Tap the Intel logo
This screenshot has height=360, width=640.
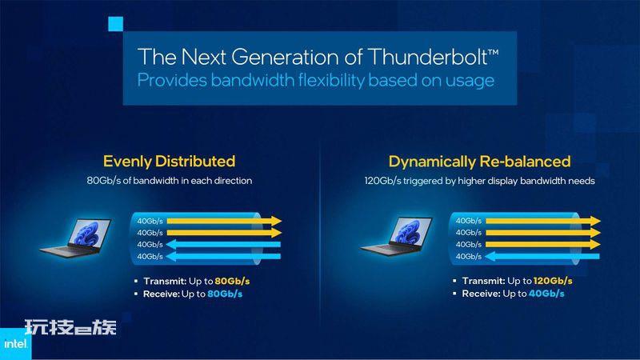[15, 344]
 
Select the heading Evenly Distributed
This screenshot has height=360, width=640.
[169, 162]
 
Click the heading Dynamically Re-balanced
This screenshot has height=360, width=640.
[479, 162]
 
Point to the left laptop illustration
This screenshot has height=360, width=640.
[76, 238]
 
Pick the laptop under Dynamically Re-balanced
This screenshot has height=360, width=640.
[396, 237]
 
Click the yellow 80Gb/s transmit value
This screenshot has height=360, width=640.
[232, 282]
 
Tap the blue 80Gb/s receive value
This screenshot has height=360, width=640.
[225, 294]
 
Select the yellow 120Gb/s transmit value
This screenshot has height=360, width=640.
[553, 281]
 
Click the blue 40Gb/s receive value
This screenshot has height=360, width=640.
[546, 294]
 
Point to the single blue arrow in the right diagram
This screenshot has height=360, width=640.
[542, 256]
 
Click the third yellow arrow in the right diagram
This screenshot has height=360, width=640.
[543, 245]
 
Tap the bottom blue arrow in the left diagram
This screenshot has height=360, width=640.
[223, 256]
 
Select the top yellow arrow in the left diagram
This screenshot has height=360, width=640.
[224, 221]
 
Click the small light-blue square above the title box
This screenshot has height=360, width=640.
[115, 24]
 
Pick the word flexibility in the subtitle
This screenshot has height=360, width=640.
[331, 80]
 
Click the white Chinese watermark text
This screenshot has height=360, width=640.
[70, 327]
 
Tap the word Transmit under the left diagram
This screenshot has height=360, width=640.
[165, 282]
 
